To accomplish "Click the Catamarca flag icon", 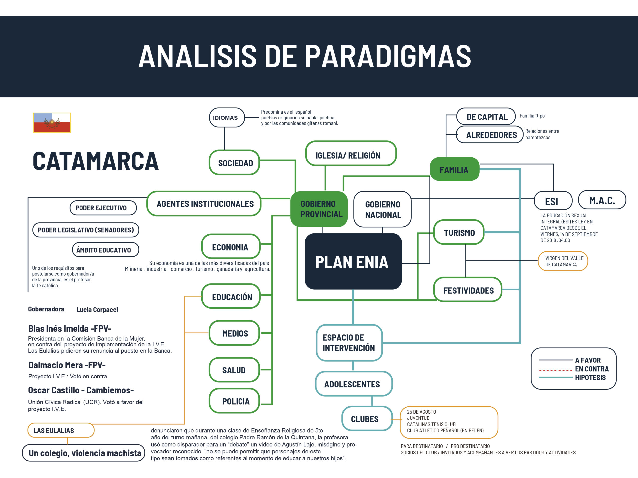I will tap(52, 123).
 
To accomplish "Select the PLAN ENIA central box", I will tap(353, 261).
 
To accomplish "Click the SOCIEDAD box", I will tap(234, 163).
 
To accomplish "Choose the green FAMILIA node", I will tap(454, 170).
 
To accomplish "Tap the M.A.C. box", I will tap(602, 200).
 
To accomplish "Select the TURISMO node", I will tap(459, 232).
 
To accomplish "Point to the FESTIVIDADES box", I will tap(468, 290).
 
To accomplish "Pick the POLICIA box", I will tap(235, 401).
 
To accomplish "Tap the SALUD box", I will tap(234, 370).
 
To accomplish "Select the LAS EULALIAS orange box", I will tap(61, 430).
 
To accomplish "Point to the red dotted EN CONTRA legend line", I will tap(555, 370).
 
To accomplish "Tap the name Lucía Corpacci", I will tap(97, 310).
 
